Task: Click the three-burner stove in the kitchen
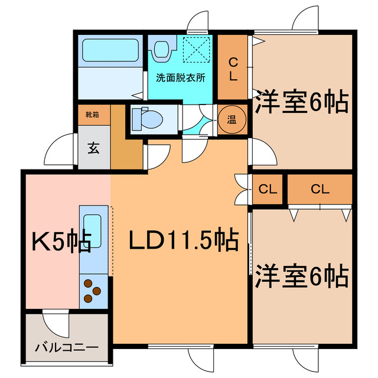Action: click(x=93, y=289)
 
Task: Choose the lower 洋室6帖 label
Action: click(x=301, y=276)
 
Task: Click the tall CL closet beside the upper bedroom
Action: click(x=233, y=68)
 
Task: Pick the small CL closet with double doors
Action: click(x=268, y=190)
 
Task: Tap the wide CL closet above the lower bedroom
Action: click(x=320, y=190)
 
